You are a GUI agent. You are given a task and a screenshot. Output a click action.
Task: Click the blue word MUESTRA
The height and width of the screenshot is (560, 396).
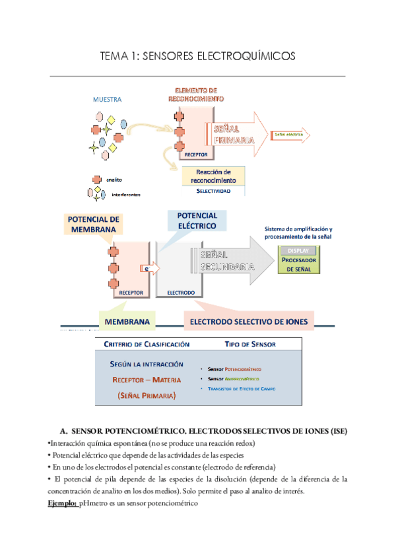108,100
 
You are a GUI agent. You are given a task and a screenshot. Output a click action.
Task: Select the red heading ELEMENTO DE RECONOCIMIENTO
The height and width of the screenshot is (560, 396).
195,94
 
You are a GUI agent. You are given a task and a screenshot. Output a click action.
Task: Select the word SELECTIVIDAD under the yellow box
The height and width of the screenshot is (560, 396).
213,190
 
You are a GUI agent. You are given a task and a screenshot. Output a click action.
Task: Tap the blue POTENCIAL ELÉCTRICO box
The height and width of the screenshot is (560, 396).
196,221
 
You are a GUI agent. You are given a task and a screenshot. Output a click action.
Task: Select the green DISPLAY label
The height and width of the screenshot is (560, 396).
299,250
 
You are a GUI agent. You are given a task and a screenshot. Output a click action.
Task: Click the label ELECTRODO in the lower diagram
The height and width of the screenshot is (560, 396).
180,291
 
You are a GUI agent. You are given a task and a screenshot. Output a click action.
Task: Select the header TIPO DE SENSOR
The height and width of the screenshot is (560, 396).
249,344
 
